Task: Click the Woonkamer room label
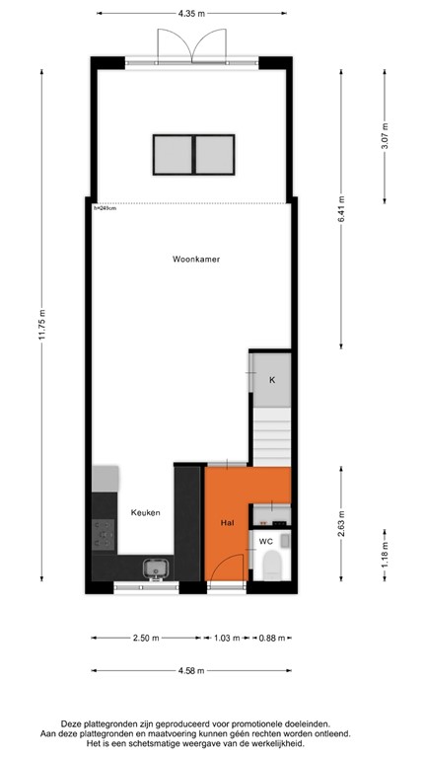click(195, 260)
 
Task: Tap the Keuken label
click(145, 513)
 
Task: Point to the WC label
click(265, 541)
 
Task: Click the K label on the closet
click(271, 380)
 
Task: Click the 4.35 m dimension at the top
click(191, 14)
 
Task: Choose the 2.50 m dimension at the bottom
click(146, 638)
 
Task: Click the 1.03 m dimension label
click(226, 638)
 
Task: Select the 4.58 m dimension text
click(191, 670)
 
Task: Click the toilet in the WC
click(272, 566)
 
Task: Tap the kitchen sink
click(155, 568)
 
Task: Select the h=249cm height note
click(104, 208)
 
